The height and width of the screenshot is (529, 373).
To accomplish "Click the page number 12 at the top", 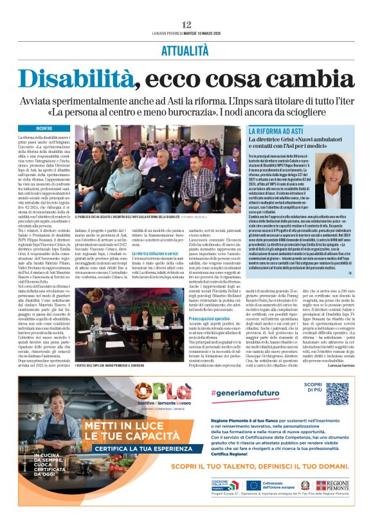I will [x=186, y=24].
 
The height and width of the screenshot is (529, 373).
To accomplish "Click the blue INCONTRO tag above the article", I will [x=44, y=129].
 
